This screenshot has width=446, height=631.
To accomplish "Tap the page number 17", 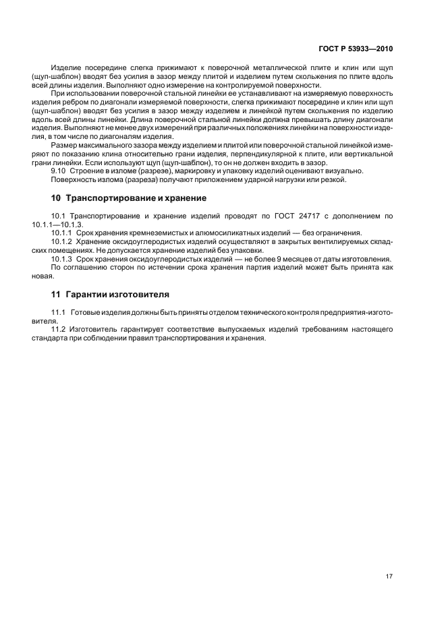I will [389, 577].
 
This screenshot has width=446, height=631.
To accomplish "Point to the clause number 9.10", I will [58, 171].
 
